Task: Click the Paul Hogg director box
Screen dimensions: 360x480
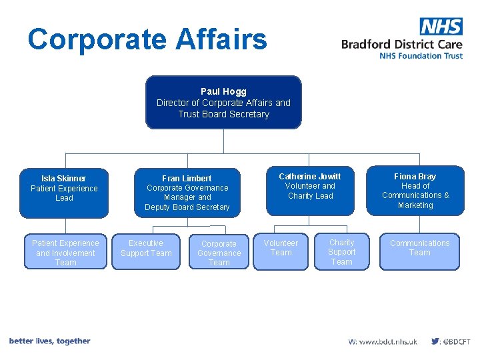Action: [223, 102]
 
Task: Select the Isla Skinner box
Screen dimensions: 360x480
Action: [64, 192]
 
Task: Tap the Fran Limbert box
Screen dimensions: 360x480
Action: [187, 193]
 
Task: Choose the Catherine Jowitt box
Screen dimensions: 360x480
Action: [310, 190]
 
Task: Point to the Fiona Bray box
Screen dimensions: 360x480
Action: [415, 191]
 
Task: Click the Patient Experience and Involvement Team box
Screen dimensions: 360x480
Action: [65, 253]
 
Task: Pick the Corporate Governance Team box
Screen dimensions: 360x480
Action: [219, 253]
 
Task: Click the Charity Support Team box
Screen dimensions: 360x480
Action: [341, 252]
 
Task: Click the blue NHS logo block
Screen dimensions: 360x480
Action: [441, 27]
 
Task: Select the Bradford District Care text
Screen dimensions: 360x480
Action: [402, 44]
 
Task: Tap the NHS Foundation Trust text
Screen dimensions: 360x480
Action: [421, 56]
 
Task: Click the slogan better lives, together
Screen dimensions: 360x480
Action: [50, 341]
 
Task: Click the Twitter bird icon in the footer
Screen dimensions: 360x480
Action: [435, 341]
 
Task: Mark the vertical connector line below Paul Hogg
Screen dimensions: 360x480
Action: [223, 141]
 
